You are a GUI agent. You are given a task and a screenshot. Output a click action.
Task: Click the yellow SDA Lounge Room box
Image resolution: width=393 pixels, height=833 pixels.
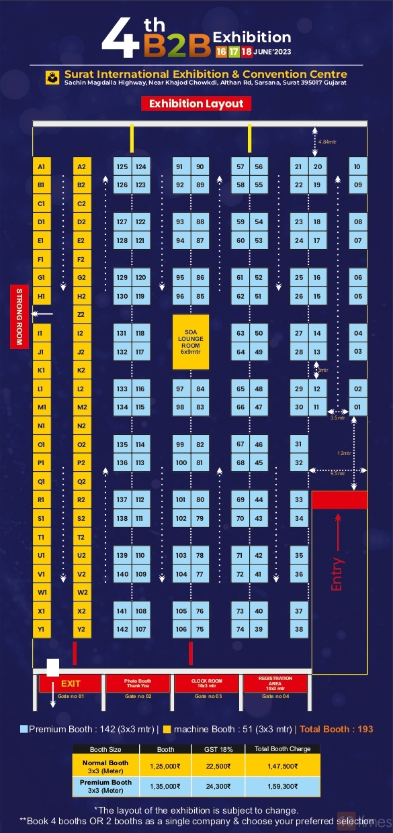pos(191,342)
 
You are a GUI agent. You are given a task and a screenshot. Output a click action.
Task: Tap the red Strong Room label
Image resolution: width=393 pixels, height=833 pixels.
pos(19,317)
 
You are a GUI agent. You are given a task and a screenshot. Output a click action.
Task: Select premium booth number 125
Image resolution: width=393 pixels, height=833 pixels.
pos(122,166)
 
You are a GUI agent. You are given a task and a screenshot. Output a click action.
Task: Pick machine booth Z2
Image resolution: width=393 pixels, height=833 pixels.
pos(81,314)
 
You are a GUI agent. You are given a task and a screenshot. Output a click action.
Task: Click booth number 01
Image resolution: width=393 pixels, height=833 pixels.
pos(358,407)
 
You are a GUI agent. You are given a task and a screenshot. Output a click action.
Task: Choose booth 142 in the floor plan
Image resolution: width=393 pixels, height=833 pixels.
pos(122,629)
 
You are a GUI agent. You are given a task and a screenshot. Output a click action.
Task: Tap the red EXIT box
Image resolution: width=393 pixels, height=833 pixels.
pos(71,683)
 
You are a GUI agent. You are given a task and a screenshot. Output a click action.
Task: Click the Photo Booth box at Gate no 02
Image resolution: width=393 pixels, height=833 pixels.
pos(138,683)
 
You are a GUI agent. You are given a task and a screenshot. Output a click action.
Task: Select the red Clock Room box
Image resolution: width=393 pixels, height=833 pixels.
pos(206,683)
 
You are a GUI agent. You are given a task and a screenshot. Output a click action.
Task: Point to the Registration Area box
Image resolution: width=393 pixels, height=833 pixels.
pos(275,683)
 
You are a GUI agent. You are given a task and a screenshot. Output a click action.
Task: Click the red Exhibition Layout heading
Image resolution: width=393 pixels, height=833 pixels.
pos(196,103)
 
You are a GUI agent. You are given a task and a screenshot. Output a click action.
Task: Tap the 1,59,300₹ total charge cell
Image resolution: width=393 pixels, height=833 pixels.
pos(282,786)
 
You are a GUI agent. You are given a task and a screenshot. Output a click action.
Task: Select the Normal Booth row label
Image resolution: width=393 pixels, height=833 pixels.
pos(105,766)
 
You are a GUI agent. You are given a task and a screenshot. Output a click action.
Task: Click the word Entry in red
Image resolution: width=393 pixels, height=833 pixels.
pos(337,574)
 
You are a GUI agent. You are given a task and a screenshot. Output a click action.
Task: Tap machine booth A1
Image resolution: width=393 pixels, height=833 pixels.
pos(42,166)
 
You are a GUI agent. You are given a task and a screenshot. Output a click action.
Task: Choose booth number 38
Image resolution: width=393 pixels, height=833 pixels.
pos(299,629)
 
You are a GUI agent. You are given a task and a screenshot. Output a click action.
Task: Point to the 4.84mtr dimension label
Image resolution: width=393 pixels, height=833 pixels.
pos(329,142)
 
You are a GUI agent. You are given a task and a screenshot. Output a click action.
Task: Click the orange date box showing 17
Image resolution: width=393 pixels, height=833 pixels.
pos(234,52)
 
